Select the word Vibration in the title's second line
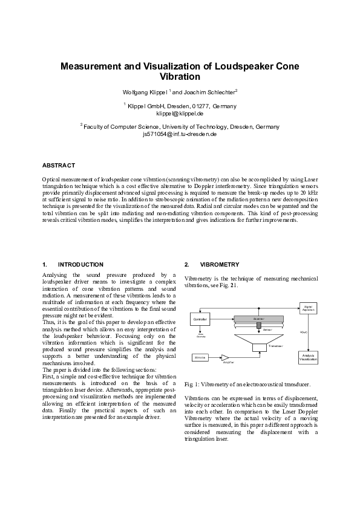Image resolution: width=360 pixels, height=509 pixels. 180,77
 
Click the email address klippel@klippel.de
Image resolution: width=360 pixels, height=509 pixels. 180,113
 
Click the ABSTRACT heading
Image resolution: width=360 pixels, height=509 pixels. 59,165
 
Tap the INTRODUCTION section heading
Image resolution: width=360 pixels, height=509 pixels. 80,265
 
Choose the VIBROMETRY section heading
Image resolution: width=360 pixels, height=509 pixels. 220,265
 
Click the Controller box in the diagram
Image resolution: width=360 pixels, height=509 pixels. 200,319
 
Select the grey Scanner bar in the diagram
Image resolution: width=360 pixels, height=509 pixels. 259,317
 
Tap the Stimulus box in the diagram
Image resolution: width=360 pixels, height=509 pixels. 201,358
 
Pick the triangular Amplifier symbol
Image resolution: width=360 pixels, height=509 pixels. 226,358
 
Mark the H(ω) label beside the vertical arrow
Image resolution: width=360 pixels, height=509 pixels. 304,332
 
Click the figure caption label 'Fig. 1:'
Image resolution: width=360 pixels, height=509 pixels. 191,384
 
